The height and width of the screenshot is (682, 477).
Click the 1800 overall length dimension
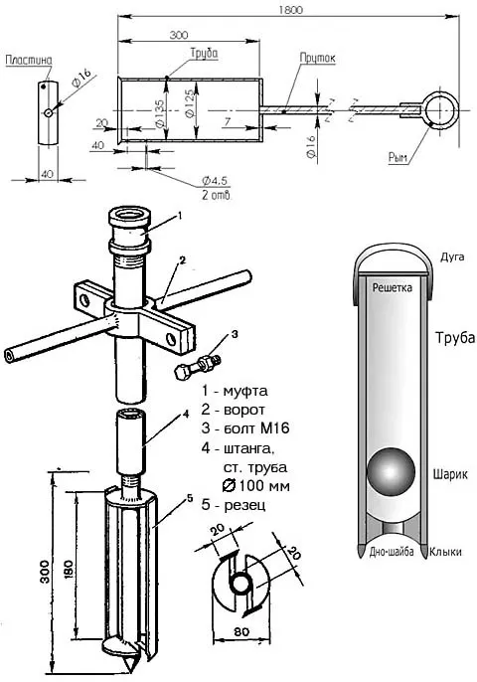[x=291, y=10]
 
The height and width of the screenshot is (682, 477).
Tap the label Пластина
[x=29, y=60]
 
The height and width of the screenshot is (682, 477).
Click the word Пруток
[x=317, y=59]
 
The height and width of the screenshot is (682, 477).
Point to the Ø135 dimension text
[x=159, y=113]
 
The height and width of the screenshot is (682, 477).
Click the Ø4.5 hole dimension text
[x=215, y=181]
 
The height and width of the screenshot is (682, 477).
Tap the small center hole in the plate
[x=49, y=113]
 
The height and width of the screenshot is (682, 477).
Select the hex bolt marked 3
[x=198, y=366]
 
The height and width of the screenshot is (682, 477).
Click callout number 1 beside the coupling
[x=179, y=215]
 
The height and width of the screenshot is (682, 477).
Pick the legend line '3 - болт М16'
[x=245, y=427]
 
